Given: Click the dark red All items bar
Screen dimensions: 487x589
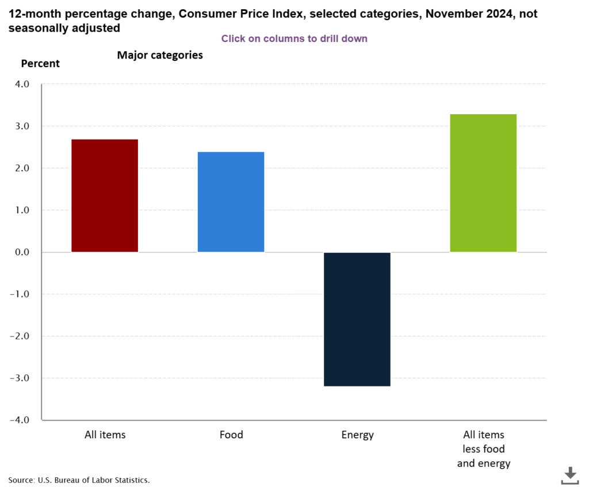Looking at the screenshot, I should (105, 196).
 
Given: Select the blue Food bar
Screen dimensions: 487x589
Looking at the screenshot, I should (231, 202).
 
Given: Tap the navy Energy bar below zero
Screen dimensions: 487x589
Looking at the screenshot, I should (357, 319).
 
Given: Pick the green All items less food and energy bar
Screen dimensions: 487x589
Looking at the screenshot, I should (483, 183).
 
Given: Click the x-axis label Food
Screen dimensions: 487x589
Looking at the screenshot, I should (231, 435).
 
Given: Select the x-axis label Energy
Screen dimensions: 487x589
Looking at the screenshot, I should (357, 435).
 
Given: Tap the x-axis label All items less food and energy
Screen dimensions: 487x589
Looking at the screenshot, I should (484, 449).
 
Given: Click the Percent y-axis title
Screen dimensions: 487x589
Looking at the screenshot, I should (40, 64).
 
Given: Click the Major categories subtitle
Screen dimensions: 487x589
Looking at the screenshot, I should (160, 56).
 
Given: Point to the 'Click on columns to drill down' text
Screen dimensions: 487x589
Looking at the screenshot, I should (294, 38).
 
